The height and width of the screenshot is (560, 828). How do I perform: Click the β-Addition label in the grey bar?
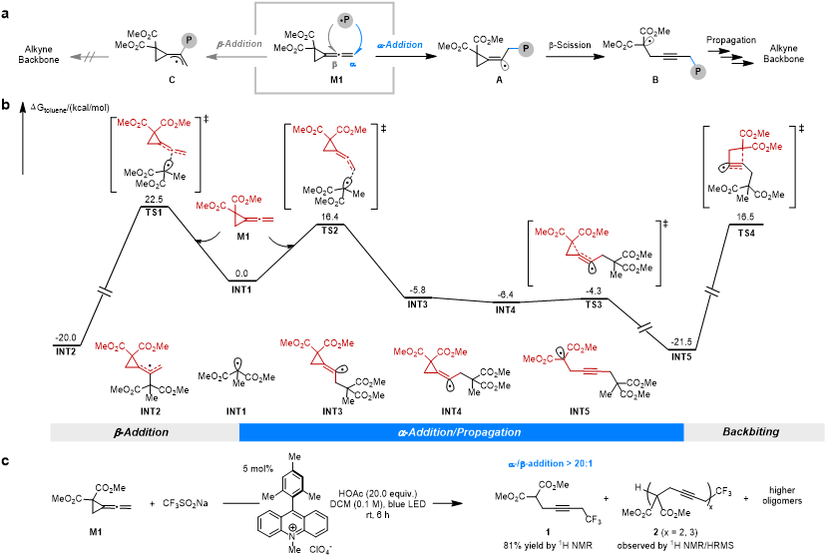[142, 432]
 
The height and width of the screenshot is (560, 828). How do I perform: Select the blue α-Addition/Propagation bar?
[460, 432]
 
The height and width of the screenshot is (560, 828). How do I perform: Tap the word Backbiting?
[751, 432]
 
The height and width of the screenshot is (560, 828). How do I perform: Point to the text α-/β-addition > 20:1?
[550, 463]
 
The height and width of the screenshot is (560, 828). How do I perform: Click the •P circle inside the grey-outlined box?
[345, 20]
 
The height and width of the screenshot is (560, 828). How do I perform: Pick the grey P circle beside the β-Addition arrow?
[189, 41]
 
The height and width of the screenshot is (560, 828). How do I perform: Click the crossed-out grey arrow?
[89, 57]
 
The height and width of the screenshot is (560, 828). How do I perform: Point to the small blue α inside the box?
[352, 64]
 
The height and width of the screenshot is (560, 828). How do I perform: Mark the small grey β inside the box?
[334, 65]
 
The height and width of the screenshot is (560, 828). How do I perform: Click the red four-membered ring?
[736, 156]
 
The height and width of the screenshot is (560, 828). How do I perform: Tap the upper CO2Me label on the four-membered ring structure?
[754, 134]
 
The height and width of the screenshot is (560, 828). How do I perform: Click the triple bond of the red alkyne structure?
[590, 370]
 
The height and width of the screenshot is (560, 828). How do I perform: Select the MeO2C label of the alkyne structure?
[537, 359]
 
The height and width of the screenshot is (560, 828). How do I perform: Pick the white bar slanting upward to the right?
[644, 328]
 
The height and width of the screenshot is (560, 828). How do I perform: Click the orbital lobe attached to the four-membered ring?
[724, 168]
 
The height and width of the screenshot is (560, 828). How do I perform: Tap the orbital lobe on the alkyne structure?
[560, 352]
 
